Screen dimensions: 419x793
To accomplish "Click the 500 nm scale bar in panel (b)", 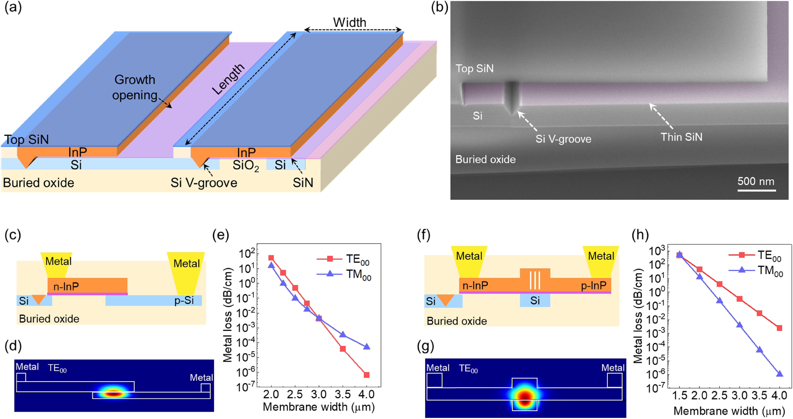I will click(756, 190).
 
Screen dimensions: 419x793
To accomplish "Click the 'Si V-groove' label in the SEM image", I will click(563, 139).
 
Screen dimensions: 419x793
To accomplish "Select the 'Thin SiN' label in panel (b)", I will click(682, 137).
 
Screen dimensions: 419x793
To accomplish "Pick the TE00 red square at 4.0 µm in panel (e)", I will click(366, 375).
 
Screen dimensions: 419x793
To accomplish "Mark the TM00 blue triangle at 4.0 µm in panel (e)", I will click(366, 347).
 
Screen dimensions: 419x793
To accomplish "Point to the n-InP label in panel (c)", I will click(66, 286).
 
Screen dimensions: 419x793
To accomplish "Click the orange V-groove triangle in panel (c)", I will click(39, 299).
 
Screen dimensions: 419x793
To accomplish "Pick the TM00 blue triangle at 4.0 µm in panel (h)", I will click(780, 374).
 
